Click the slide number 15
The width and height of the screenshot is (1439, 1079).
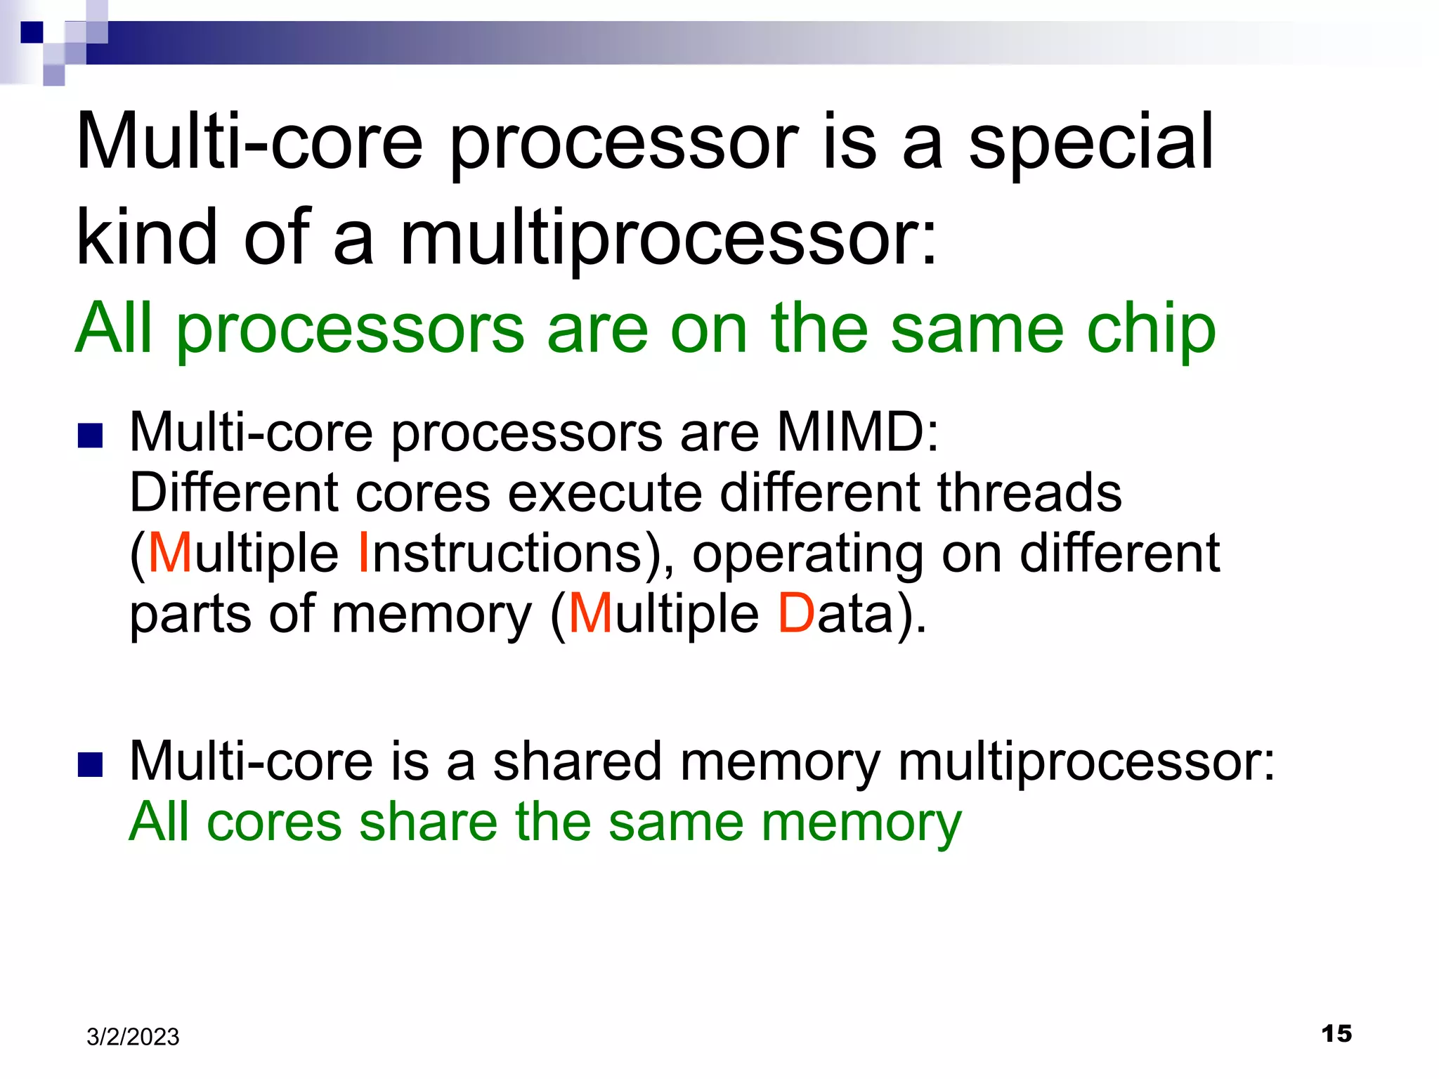click(x=1336, y=1033)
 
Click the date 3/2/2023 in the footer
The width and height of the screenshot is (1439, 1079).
click(x=133, y=1037)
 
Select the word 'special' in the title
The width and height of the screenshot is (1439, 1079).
click(x=1091, y=143)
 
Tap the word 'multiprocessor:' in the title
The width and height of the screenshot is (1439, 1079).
click(x=668, y=239)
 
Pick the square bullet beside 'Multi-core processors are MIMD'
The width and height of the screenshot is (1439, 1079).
click(x=91, y=436)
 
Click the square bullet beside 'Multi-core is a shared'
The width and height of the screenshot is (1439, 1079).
click(x=91, y=765)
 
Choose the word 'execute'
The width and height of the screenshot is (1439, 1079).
click(x=605, y=492)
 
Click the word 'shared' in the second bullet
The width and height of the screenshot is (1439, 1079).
click(x=577, y=761)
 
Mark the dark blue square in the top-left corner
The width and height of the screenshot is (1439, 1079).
click(x=32, y=32)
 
